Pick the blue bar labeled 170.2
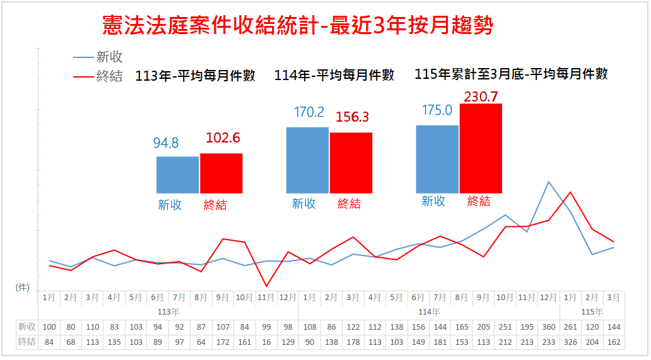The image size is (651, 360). click(307, 160)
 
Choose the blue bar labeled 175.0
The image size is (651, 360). click(437, 159)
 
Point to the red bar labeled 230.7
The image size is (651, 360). click(481, 148)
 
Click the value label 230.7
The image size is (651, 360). click(481, 96)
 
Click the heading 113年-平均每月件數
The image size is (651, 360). click(196, 76)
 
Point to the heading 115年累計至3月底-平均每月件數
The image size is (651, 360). click(512, 74)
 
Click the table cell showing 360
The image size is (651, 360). click(549, 327)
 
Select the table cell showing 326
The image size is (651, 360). click(570, 342)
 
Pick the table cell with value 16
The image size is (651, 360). click(266, 342)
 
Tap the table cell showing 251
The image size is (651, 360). click(505, 327)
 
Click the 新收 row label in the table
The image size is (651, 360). click(26, 327)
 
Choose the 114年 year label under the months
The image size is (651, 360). click(429, 311)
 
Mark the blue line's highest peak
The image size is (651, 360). click(549, 182)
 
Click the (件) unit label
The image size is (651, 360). click(23, 287)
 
